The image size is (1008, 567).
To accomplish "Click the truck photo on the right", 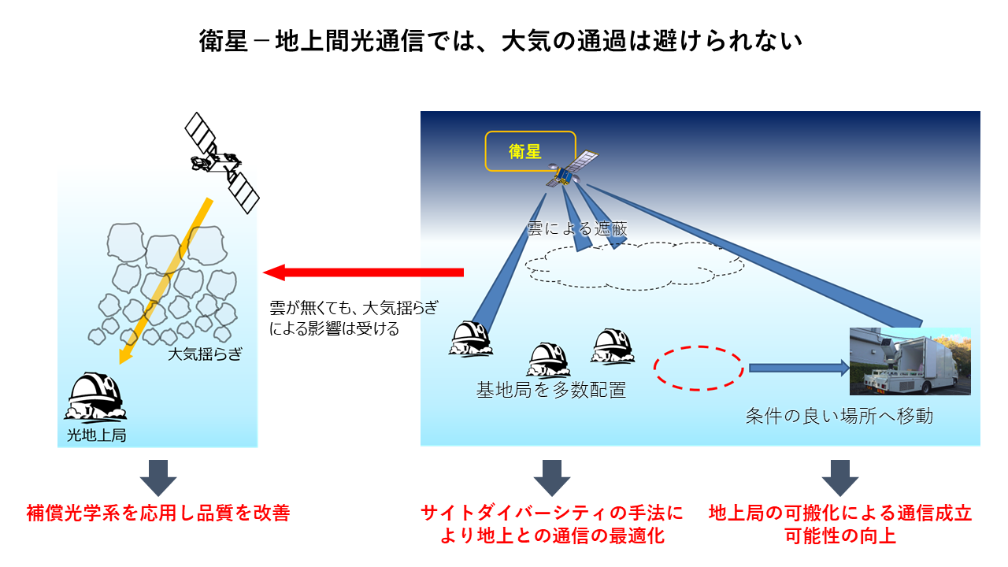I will (x=910, y=361).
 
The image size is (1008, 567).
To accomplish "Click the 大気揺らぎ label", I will (x=204, y=355).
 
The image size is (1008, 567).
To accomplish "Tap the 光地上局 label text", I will (x=97, y=434).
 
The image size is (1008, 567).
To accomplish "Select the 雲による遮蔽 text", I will (x=576, y=228).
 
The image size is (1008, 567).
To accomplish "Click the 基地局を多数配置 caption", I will (x=551, y=390).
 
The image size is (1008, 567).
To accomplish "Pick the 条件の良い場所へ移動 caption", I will (x=839, y=416).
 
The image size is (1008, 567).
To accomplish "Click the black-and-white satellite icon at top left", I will (x=221, y=161).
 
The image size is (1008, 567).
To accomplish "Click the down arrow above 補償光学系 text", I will (x=158, y=476).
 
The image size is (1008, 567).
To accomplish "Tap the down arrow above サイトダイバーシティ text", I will (x=552, y=476).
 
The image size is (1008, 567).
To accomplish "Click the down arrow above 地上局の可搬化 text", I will (x=840, y=476).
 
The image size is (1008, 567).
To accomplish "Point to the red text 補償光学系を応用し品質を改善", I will (x=158, y=514).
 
